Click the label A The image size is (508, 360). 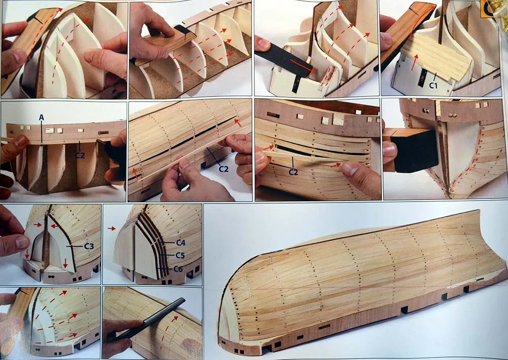tap(41, 117)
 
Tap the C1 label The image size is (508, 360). tap(433, 85)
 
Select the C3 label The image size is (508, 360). tap(89, 246)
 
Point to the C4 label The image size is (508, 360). tap(181, 243)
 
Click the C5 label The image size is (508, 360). tap(180, 255)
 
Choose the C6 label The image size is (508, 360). tap(178, 269)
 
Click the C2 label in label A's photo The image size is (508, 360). tap(80, 155)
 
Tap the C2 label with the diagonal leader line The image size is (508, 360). tap(224, 169)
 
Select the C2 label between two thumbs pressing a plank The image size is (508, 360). tap(293, 172)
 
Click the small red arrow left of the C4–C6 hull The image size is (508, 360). tap(112, 228)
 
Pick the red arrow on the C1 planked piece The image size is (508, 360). tap(414, 62)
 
